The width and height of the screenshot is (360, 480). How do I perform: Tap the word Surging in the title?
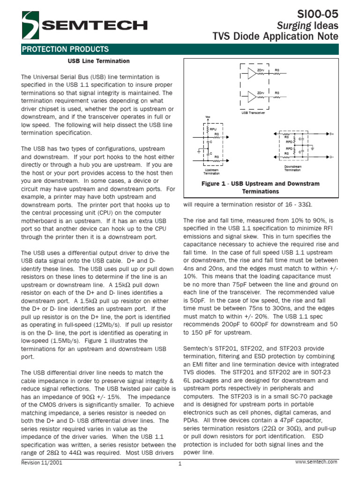coord(290,24)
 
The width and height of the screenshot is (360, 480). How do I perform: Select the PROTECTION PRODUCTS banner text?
coord(66,49)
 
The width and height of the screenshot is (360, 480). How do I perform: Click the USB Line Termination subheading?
coord(99,61)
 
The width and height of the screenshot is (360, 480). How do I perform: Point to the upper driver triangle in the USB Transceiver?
coord(253,73)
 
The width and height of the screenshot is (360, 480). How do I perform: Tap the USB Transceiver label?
coord(254,113)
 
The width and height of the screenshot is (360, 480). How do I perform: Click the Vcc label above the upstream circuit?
coord(208,117)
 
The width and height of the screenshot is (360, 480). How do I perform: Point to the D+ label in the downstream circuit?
coord(331,134)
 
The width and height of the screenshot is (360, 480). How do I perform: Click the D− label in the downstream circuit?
coord(331,157)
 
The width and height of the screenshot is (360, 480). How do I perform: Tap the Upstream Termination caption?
coord(212,172)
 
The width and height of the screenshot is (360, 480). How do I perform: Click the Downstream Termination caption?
coord(293,168)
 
